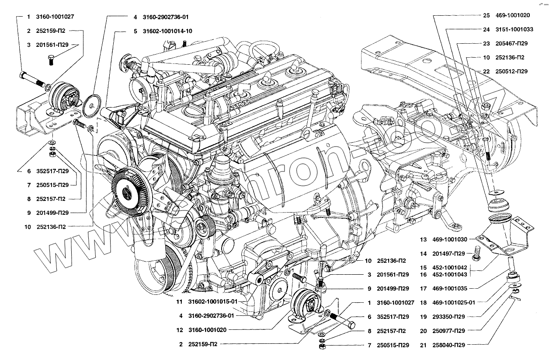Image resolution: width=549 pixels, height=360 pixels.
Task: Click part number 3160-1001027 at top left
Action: tap(56, 17)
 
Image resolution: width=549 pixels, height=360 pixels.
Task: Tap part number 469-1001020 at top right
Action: tap(512, 15)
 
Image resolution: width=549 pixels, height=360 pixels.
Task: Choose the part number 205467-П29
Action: tap(512, 44)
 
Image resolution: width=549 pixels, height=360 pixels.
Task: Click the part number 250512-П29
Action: tap(512, 71)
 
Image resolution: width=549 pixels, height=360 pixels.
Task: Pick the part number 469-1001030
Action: tap(449, 240)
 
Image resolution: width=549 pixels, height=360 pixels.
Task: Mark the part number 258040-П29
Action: tap(449, 345)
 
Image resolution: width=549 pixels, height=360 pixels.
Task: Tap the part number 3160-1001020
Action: tap(208, 330)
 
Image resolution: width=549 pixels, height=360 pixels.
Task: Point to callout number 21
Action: tap(423, 345)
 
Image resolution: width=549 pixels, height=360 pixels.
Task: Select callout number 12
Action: tap(180, 330)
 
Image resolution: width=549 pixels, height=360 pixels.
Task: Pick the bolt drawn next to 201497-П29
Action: tap(476, 252)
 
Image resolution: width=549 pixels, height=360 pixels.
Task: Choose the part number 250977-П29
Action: tap(449, 331)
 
